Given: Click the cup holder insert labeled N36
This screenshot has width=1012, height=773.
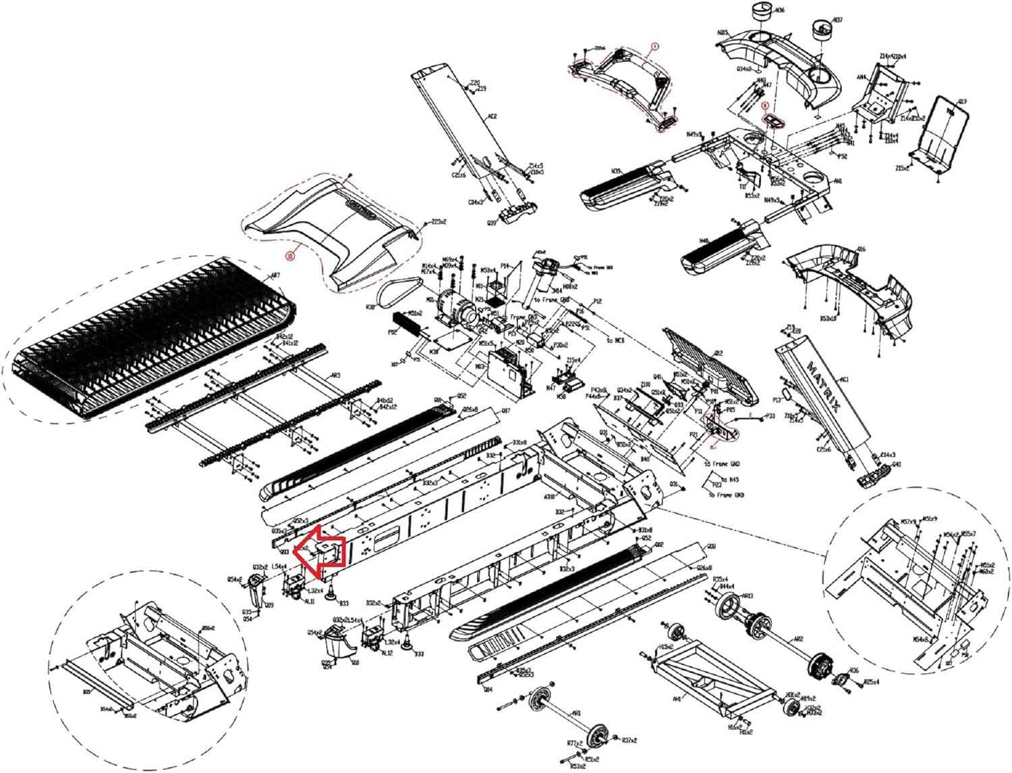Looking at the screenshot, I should click(x=761, y=17).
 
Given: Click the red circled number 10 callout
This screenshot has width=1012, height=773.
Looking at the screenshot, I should click(x=289, y=256).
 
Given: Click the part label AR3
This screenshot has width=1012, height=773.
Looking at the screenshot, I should click(x=335, y=375).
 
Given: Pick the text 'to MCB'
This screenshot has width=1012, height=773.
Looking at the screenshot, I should click(x=615, y=340).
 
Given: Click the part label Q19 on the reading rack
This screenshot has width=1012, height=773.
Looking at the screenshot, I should click(x=962, y=103).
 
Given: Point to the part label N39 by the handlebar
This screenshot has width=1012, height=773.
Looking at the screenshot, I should click(x=615, y=171).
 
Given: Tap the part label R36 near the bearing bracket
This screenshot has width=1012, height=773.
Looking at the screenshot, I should click(x=854, y=671).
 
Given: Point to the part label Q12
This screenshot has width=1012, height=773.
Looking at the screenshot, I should click(x=719, y=353).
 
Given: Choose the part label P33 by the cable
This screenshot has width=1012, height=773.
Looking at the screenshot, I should click(x=769, y=417).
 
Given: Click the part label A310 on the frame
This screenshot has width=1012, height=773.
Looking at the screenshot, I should click(x=550, y=496).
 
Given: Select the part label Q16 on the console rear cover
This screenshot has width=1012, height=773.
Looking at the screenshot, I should click(x=861, y=250).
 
